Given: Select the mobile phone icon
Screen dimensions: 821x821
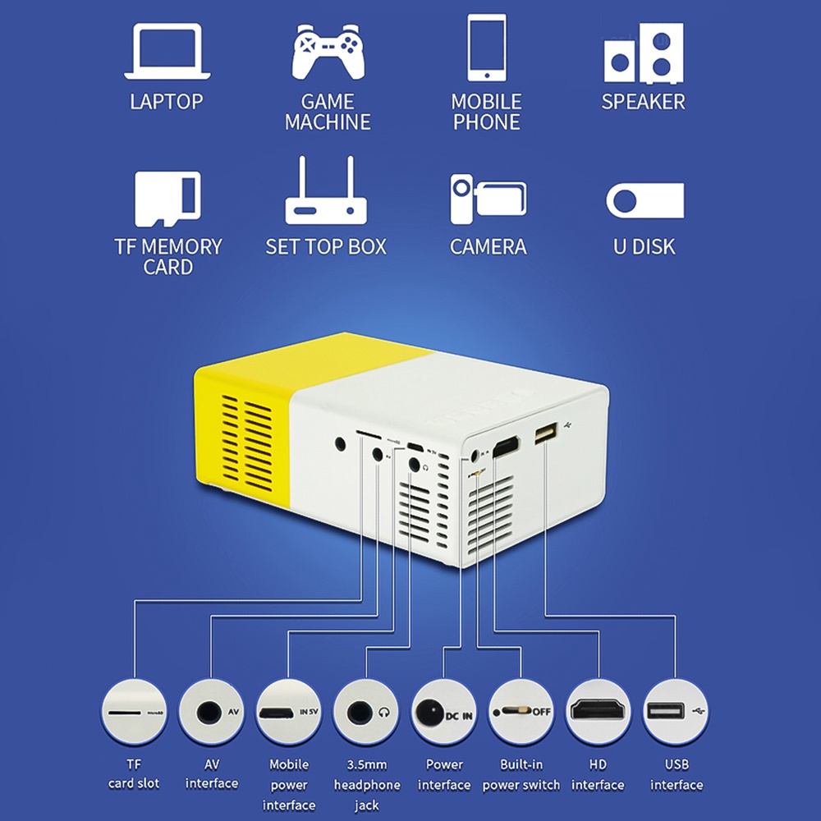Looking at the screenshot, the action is (487, 48).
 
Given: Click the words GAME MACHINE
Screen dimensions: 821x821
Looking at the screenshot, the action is (328, 112).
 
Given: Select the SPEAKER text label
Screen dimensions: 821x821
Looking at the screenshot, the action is (643, 102).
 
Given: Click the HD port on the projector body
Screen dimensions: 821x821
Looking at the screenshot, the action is (506, 447).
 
